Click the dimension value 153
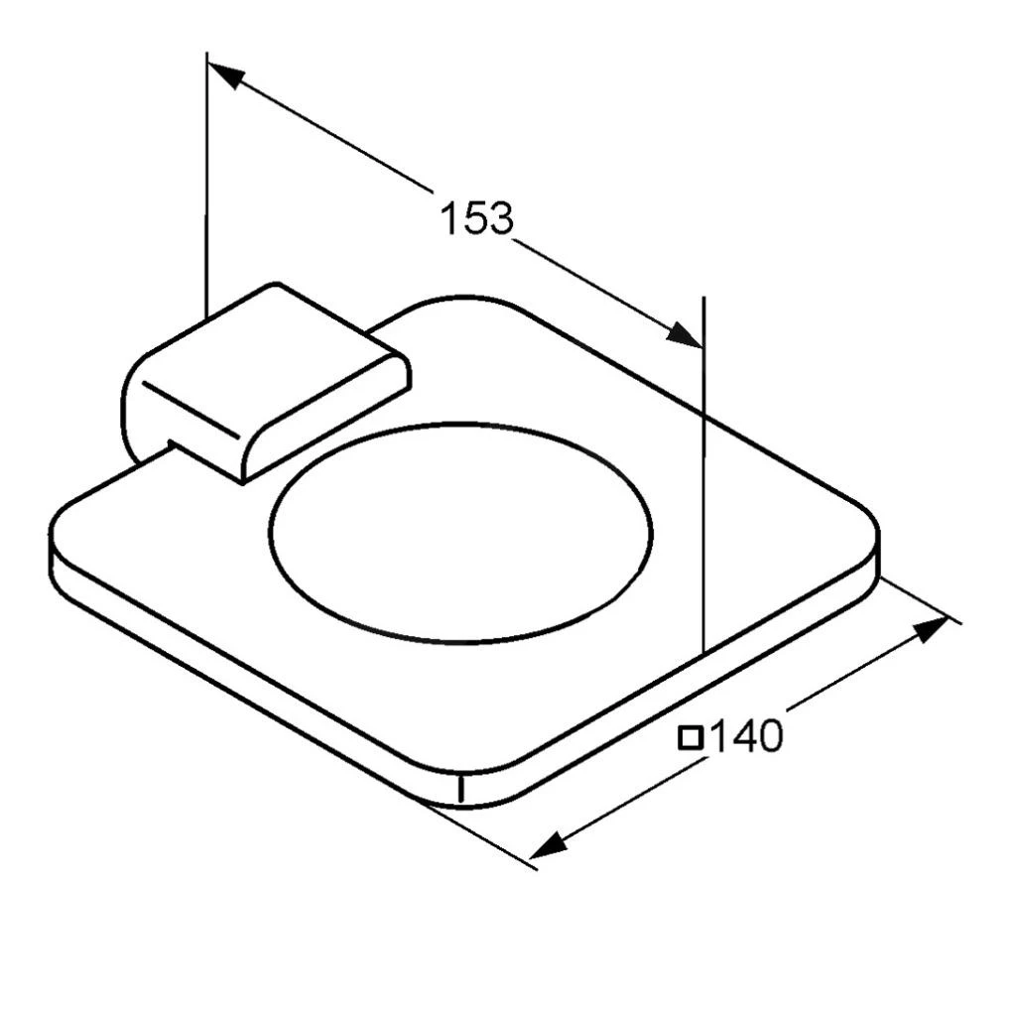coord(477,218)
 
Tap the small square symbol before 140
coord(691,737)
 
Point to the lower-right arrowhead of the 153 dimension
coord(685,334)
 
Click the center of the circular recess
coord(461,533)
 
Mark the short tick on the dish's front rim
coord(461,788)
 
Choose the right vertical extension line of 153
coord(702,476)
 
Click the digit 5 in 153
coord(476,218)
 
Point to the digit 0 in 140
coord(768,736)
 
